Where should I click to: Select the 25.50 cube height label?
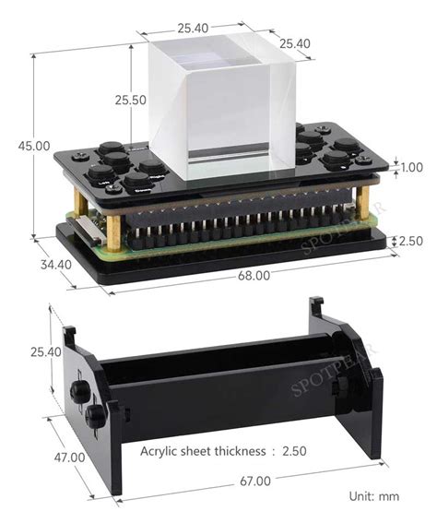pos(130,101)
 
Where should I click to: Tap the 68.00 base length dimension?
pos(254,275)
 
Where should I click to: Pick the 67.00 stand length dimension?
pos(254,481)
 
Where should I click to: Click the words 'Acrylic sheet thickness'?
pos(201,451)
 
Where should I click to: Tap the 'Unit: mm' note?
pos(374,496)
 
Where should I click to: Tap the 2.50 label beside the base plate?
pos(410,241)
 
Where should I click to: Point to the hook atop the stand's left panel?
pos(69,332)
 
